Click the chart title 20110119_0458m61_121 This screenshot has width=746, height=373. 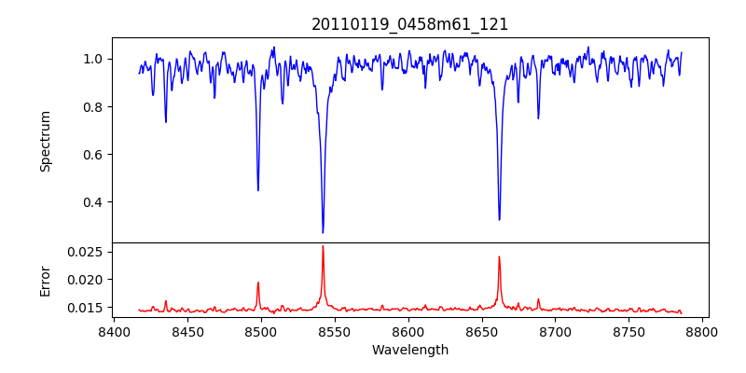pos(410,24)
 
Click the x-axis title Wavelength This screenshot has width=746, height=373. pos(410,350)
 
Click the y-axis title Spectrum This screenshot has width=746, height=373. pos(45,141)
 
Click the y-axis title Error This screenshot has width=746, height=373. pos(45,280)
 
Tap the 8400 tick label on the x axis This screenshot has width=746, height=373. pos(113,332)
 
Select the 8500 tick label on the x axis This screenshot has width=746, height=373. pos(260,332)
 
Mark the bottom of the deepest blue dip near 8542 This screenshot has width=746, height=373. pos(323,232)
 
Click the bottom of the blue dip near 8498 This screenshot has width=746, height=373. pos(258,190)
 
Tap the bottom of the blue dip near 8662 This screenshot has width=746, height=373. pos(499,219)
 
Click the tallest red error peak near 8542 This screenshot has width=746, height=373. pos(323,246)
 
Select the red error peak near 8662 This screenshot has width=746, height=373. pos(499,256)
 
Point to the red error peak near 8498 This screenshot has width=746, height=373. pos(258,283)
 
